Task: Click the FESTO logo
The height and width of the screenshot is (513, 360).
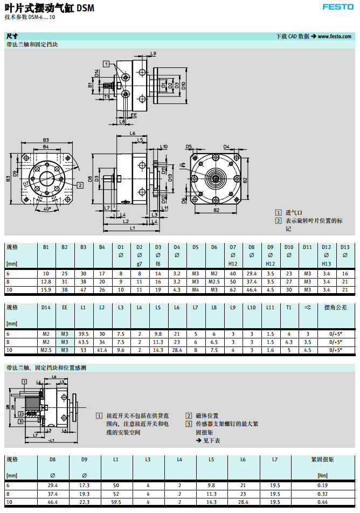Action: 338,7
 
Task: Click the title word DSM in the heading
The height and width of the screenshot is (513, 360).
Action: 85,8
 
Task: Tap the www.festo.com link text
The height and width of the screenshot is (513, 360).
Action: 335,37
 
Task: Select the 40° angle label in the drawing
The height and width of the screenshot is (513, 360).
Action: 47,209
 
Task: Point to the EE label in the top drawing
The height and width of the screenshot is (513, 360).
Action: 133,115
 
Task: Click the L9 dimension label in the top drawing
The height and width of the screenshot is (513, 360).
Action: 154,53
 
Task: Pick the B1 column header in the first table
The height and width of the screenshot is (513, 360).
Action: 46,247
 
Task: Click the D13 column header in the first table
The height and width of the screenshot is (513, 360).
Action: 345,247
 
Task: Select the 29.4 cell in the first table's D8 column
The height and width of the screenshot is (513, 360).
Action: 252,274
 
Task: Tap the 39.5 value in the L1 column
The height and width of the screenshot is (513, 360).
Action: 83,334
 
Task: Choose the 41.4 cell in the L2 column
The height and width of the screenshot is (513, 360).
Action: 102,350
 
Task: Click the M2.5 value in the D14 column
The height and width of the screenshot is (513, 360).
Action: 46,350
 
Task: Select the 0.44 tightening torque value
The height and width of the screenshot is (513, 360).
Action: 322,502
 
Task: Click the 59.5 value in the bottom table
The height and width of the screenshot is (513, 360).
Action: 116,502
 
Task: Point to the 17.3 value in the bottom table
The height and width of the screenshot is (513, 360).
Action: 84,485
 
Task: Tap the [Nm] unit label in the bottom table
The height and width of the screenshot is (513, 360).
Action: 322,476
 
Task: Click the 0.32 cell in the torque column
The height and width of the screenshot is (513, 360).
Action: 322,494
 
